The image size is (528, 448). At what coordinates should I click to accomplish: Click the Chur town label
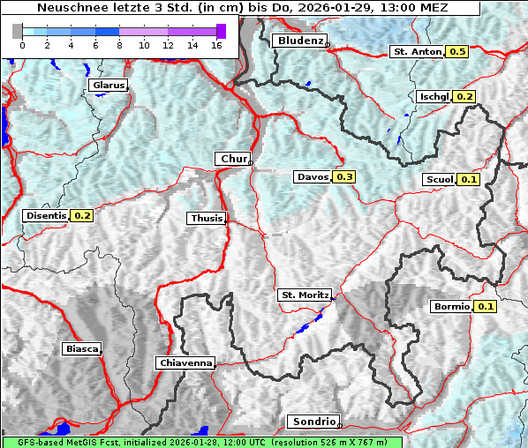(233, 159)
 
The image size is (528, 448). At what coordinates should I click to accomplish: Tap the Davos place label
(313, 177)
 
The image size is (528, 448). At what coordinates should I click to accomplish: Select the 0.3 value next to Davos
(344, 177)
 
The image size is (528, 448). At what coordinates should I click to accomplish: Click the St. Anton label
(416, 52)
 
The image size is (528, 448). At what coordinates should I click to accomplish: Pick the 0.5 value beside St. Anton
(457, 52)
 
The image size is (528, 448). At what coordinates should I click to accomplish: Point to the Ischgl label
(434, 96)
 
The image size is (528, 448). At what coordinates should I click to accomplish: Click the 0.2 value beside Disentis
(82, 215)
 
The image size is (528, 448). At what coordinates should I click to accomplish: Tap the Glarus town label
(108, 86)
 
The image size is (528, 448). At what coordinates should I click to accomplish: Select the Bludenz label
(299, 41)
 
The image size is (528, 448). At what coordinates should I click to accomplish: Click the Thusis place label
(207, 218)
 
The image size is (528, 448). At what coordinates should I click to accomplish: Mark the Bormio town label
(451, 307)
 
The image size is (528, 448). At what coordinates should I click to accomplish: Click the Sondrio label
(314, 422)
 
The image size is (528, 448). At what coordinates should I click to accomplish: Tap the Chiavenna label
(185, 362)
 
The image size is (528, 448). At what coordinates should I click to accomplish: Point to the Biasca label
(81, 348)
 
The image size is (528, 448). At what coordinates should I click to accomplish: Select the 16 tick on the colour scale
(215, 44)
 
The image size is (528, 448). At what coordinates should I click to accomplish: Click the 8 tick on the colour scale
(119, 44)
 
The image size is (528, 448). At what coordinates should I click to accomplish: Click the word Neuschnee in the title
(67, 8)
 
